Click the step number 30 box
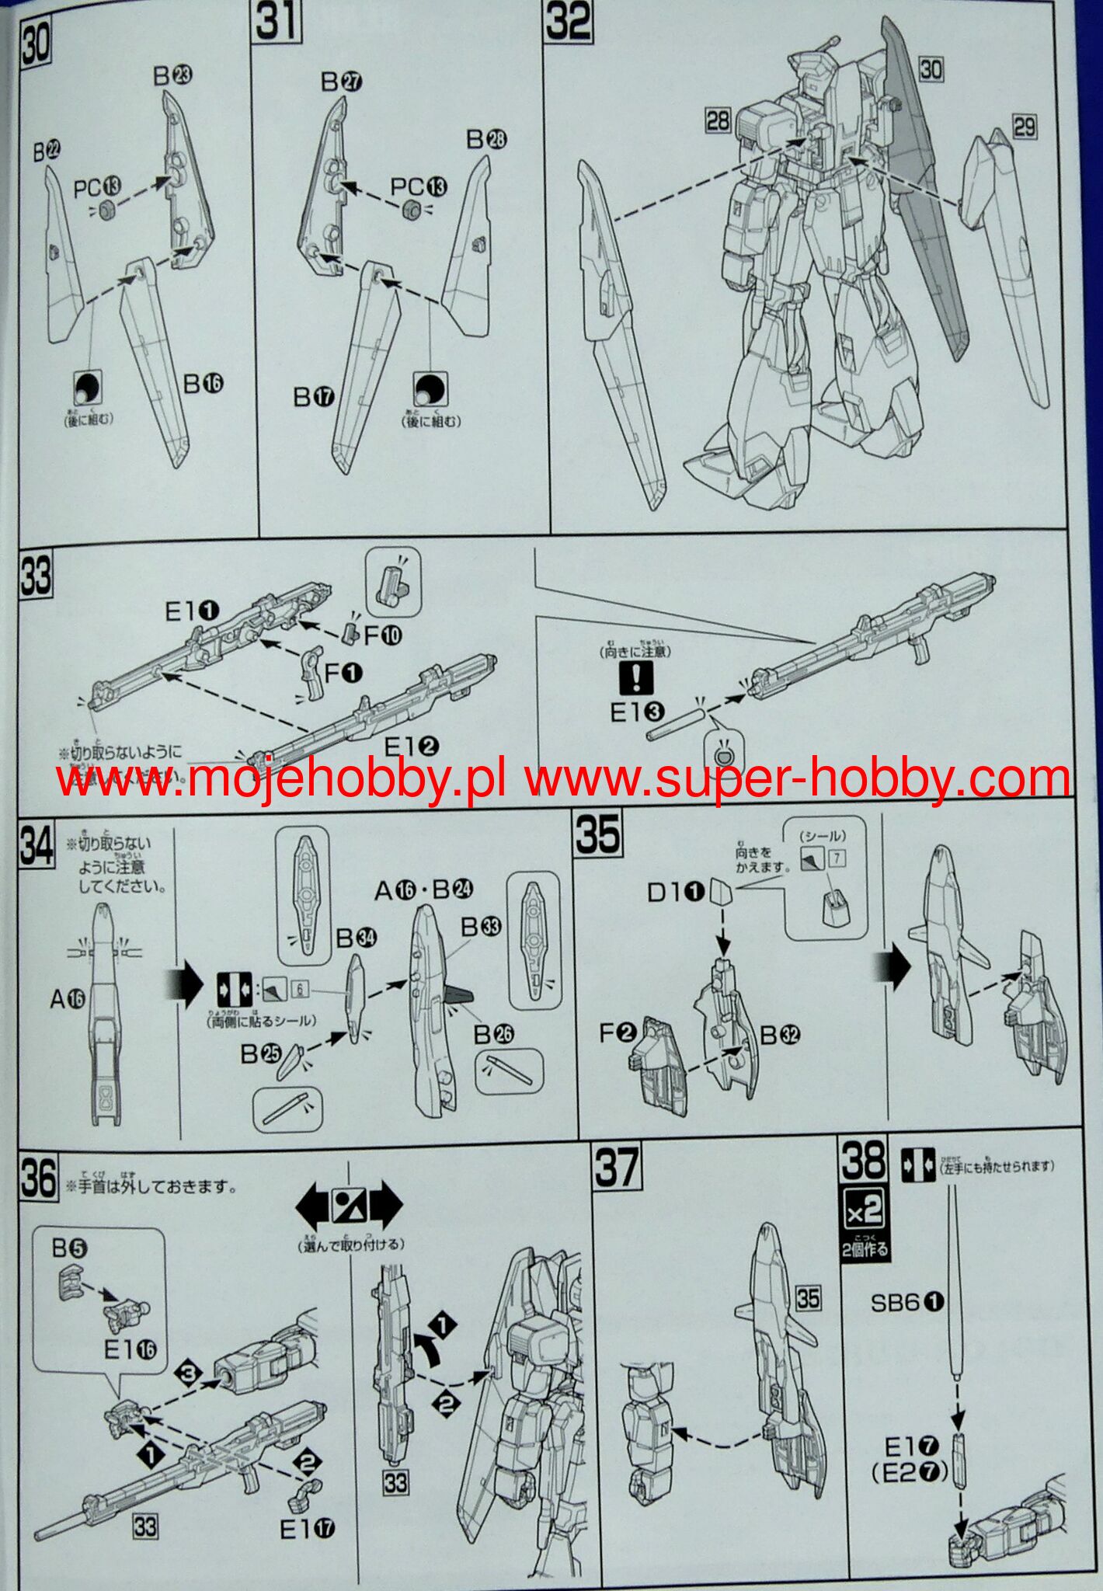click(x=36, y=43)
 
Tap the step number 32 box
click(x=568, y=22)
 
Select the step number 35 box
click(x=598, y=834)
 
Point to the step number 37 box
click(x=617, y=1169)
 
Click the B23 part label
click(x=172, y=76)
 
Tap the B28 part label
click(x=486, y=140)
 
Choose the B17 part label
click(x=314, y=398)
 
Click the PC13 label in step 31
click(x=419, y=187)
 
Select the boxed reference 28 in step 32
click(x=718, y=120)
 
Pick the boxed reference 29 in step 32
click(x=1025, y=126)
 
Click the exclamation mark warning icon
click(x=635, y=677)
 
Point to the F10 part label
click(x=383, y=635)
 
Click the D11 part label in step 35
click(x=675, y=893)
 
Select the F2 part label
click(x=618, y=1033)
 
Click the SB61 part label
click(x=906, y=1303)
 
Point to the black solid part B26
click(x=460, y=997)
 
